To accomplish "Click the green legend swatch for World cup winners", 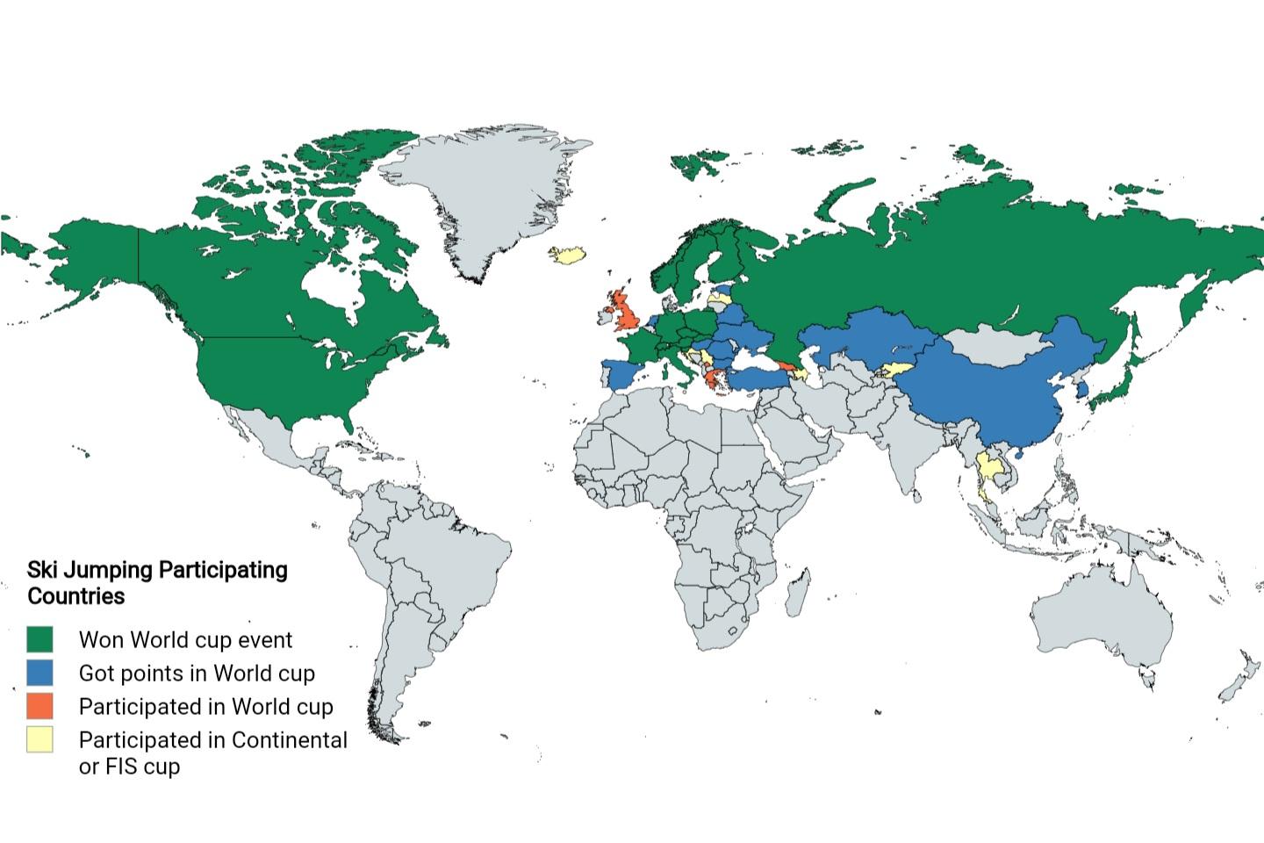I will point(39,639).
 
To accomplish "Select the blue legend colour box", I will point(39,673).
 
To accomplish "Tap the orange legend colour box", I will point(39,706).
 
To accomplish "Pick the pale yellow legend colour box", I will point(39,739).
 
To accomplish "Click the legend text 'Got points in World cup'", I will point(197,674).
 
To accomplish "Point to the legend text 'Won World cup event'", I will point(185,640).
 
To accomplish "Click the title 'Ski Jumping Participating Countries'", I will point(157,583).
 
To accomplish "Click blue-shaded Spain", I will point(621,374).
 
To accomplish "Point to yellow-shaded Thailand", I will point(989,468).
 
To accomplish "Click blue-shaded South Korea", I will point(1085,389).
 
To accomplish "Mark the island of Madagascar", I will point(798,591).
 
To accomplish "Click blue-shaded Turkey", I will point(755,378).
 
